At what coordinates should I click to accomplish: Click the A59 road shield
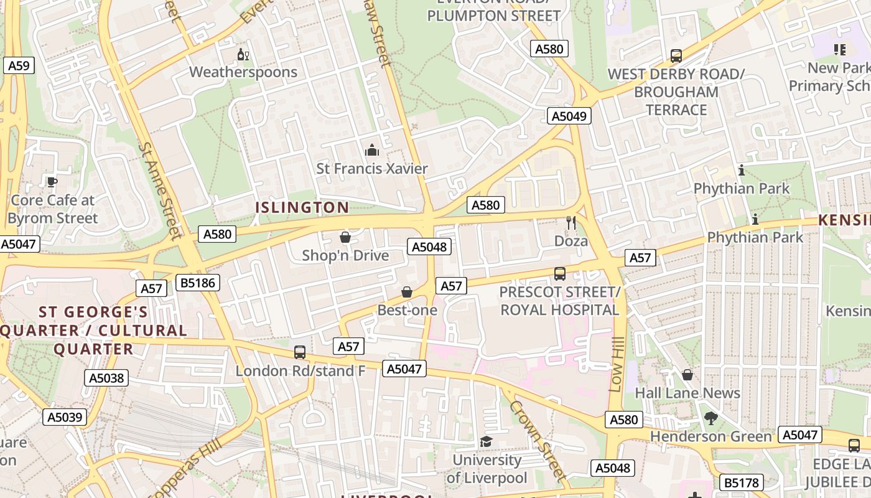click(x=19, y=65)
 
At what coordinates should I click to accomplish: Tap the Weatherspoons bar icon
click(x=243, y=55)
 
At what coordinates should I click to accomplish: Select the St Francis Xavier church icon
click(x=372, y=150)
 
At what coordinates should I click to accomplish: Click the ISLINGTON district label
click(x=303, y=207)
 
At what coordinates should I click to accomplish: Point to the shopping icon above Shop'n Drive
click(x=345, y=237)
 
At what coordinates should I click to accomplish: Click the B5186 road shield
click(x=198, y=283)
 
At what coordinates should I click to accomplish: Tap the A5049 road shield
click(x=569, y=116)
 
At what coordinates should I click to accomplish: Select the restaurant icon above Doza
click(x=571, y=222)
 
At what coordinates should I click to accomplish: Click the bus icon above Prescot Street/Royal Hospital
click(x=560, y=273)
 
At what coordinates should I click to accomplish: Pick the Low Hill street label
click(x=616, y=365)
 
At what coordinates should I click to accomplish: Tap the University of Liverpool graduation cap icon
click(x=486, y=441)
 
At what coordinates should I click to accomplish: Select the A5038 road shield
click(x=107, y=378)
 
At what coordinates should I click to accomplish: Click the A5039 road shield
click(x=65, y=416)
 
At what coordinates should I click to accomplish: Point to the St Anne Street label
click(x=161, y=190)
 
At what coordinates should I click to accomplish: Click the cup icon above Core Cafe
click(x=52, y=182)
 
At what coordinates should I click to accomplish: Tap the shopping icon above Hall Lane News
click(x=687, y=375)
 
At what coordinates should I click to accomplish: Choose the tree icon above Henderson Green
click(x=710, y=418)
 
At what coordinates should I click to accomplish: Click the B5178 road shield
click(x=742, y=482)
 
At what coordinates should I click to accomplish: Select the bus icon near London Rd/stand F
click(x=300, y=352)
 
